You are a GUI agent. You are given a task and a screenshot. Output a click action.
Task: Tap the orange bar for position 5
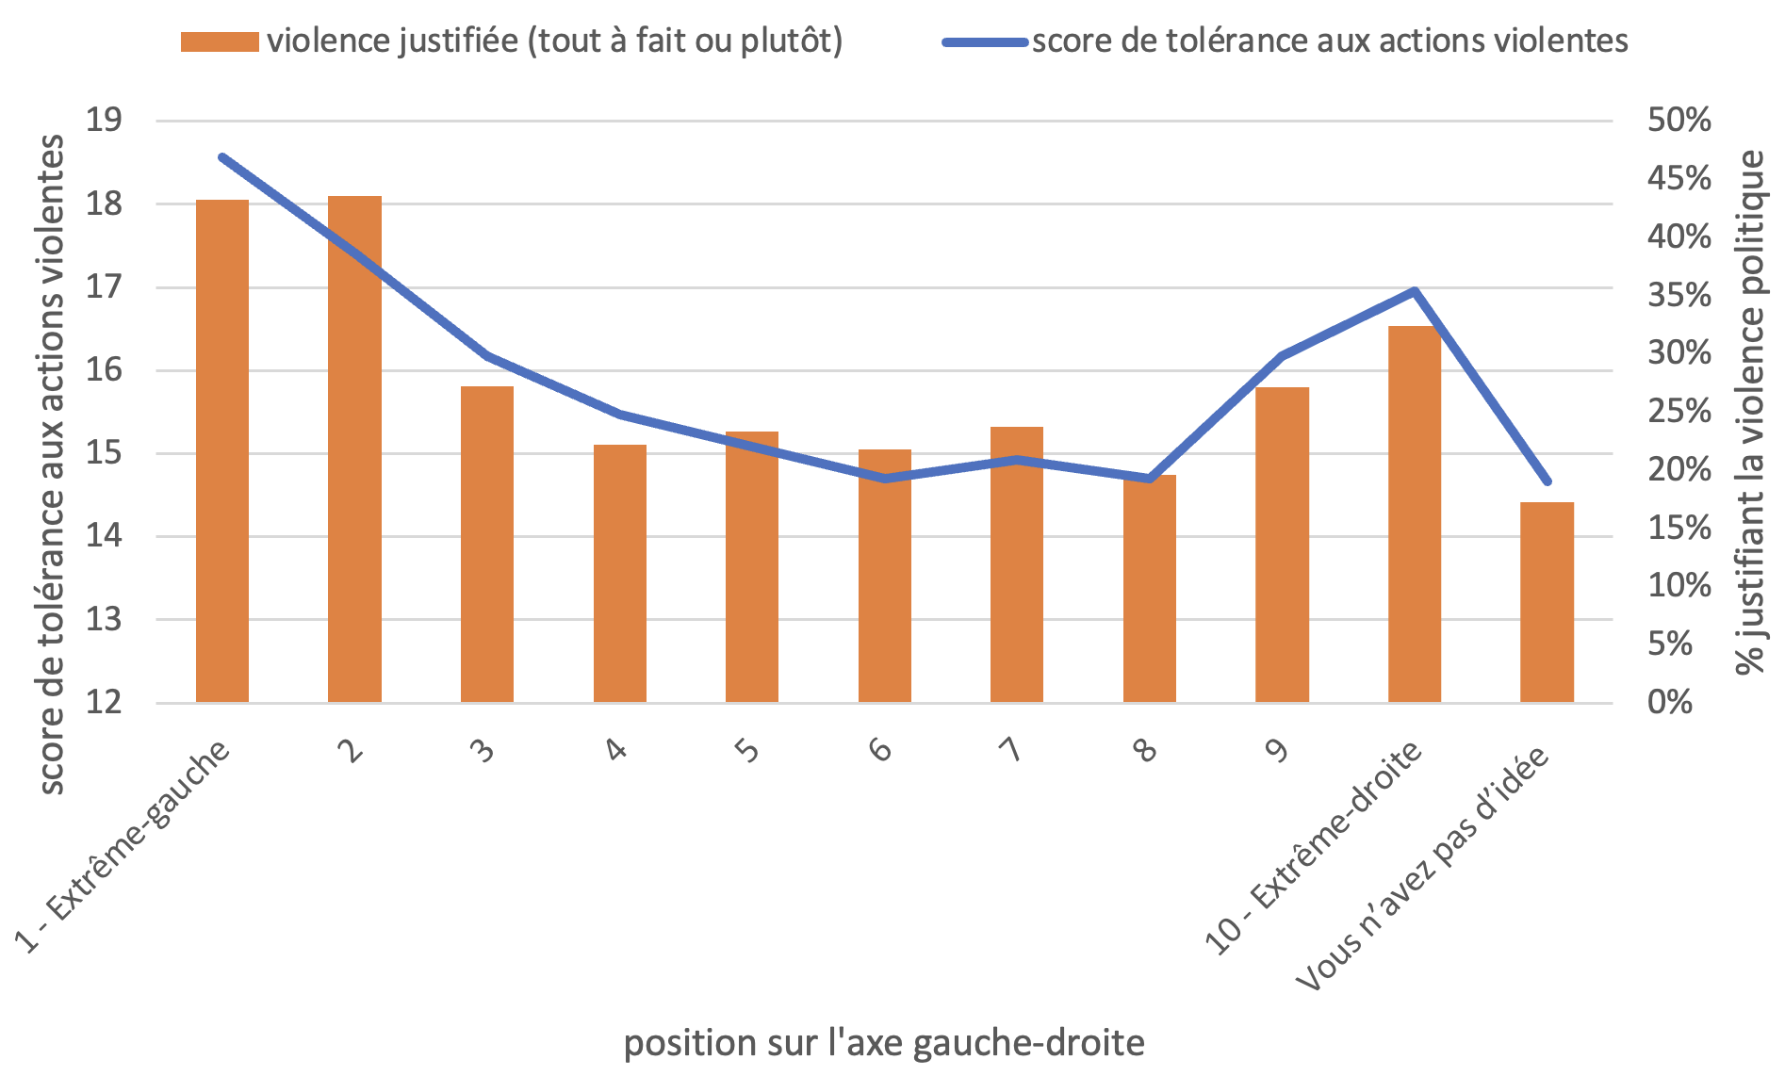pos(752,566)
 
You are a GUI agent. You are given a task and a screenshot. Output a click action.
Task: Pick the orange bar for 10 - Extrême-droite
pos(1415,514)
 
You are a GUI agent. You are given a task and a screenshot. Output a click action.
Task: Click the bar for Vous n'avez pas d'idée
pos(1547,602)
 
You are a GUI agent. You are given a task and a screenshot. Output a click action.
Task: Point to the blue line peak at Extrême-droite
pos(1415,291)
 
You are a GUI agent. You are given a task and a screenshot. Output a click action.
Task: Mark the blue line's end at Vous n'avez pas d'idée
pos(1547,481)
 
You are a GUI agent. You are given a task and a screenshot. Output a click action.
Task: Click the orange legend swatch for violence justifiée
pos(220,42)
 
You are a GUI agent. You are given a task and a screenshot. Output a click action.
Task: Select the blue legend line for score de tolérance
pos(985,42)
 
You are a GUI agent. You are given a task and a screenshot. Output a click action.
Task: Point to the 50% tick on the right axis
pos(1679,121)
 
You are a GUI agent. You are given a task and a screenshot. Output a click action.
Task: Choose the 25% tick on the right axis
pos(1679,412)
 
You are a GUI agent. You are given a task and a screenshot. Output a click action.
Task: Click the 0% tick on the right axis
pos(1670,702)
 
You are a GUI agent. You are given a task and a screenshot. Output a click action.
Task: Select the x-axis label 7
pos(1011,751)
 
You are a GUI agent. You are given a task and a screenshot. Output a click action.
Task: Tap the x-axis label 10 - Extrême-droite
pos(1315,848)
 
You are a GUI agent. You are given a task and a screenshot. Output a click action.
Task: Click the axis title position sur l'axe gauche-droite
pos(884,1043)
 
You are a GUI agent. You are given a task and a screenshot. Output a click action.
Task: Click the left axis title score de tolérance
pos(52,465)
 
